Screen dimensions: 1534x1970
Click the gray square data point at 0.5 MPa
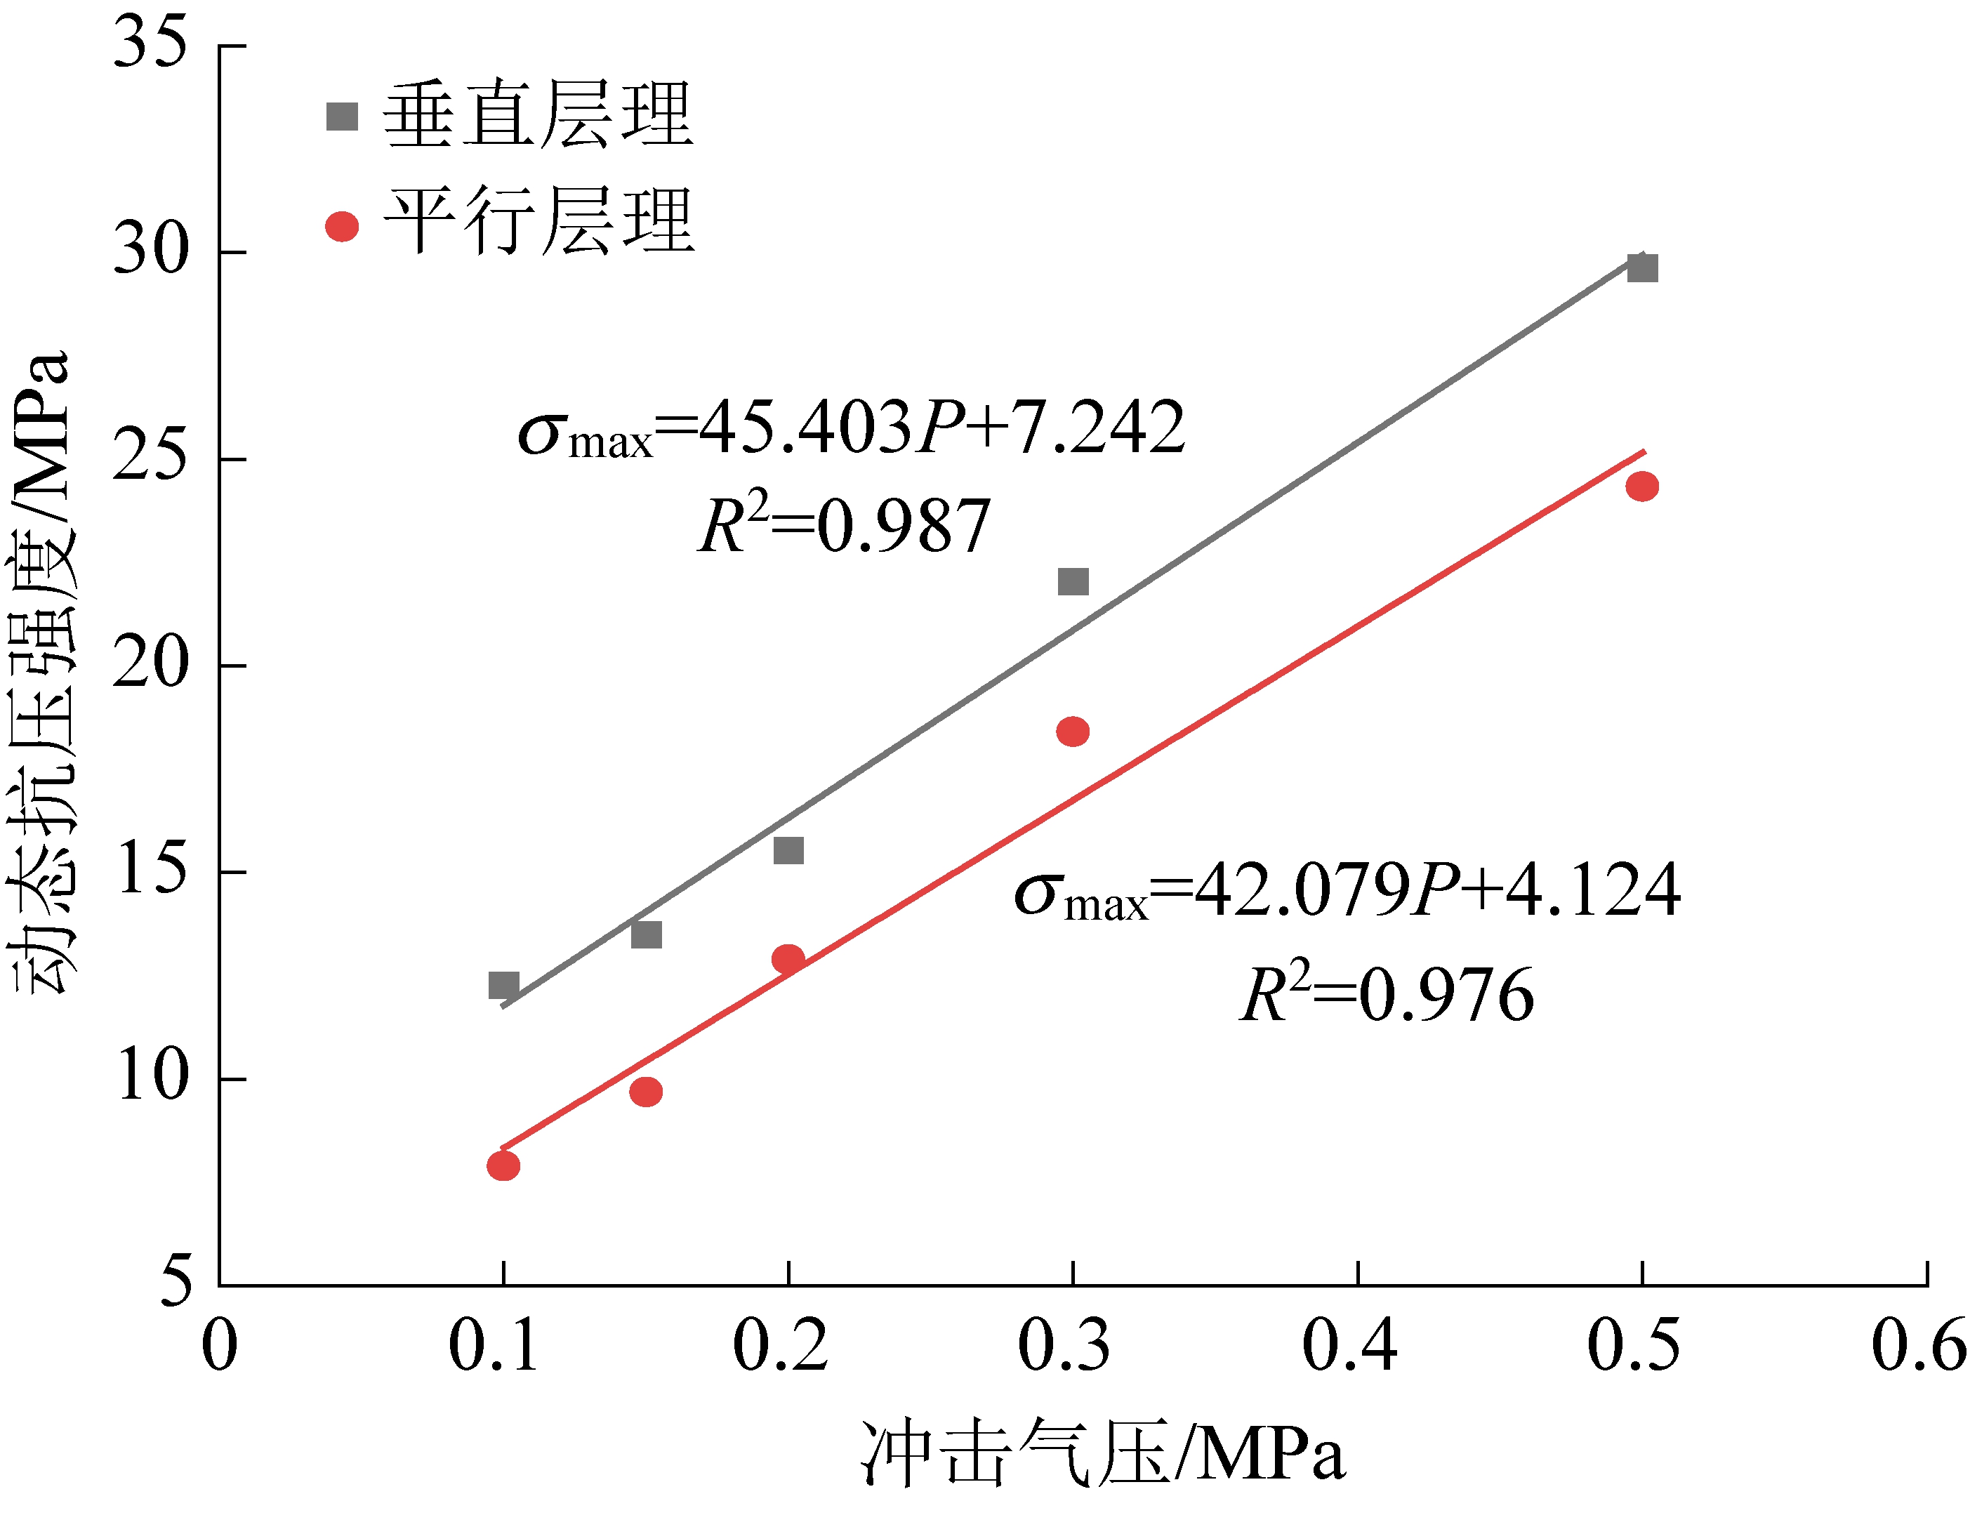[1641, 268]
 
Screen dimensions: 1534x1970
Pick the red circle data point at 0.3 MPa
[1073, 732]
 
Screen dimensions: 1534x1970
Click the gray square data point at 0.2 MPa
[788, 850]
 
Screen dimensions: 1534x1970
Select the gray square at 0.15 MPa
[646, 934]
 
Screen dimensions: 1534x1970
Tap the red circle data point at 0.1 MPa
[503, 1166]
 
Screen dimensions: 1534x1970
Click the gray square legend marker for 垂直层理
[342, 117]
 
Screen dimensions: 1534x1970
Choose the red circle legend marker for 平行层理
[342, 226]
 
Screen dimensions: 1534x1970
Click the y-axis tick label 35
[150, 44]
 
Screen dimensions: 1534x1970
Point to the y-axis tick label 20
[150, 665]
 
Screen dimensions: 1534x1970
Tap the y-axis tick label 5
[176, 1281]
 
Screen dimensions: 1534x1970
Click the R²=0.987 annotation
[845, 526]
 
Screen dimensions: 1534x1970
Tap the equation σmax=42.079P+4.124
[1347, 892]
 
